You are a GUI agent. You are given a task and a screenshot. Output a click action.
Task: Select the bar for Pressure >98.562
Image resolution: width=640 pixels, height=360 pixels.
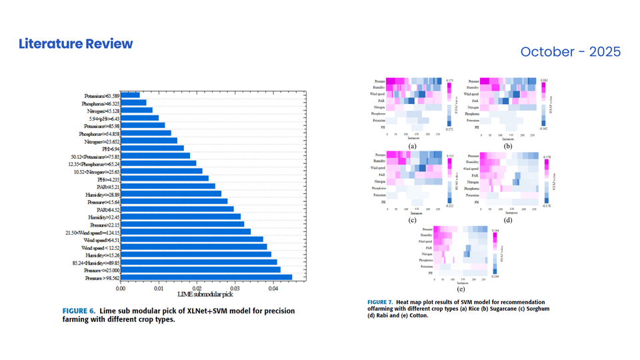[x=206, y=277]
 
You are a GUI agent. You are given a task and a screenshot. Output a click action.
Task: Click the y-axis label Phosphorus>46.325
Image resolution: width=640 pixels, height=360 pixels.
[x=101, y=103]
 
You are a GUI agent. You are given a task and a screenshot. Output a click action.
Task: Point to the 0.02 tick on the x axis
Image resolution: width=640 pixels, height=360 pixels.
[x=197, y=288]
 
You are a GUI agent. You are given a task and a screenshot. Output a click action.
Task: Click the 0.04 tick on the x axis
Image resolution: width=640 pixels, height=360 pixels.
[x=273, y=288]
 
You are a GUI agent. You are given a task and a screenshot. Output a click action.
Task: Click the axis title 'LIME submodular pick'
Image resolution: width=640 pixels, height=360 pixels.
[x=205, y=295]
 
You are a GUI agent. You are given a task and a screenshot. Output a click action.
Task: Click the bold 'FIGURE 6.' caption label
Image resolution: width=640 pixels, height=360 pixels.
[x=79, y=311]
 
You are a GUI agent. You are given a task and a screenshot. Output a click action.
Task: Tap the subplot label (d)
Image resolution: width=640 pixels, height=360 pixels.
[x=509, y=219]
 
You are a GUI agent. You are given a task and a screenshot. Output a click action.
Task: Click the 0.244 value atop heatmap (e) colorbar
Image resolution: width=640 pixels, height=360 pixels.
[x=495, y=229]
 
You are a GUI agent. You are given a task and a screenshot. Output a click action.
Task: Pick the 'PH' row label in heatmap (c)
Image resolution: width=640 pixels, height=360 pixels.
[x=383, y=201]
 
